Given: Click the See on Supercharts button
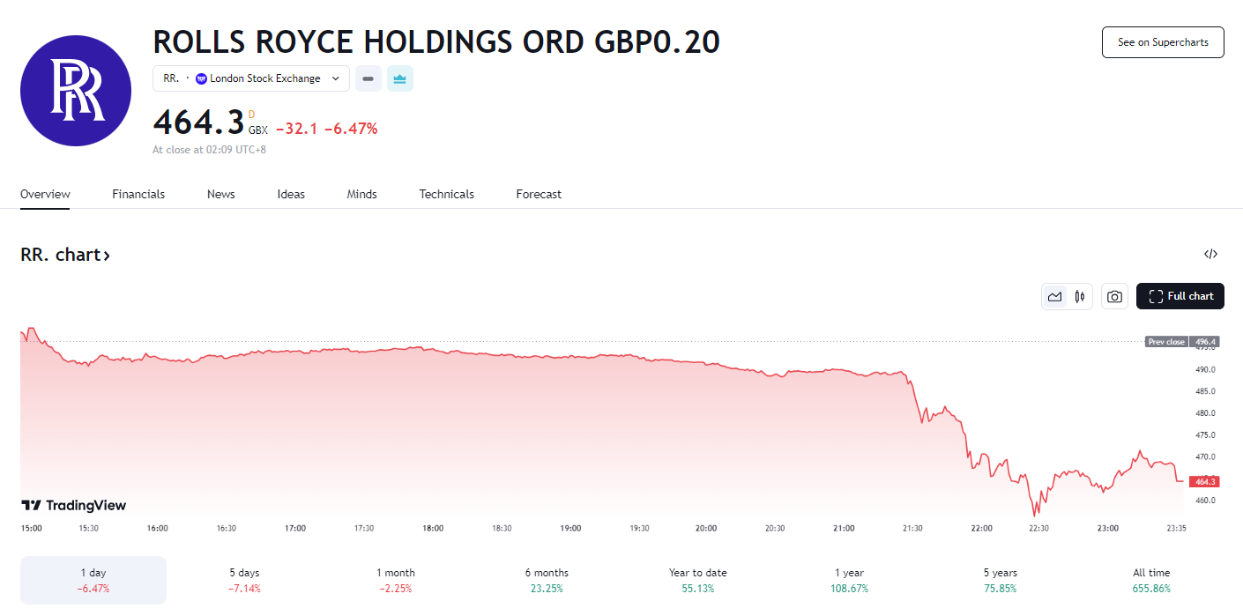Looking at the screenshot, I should (1163, 42).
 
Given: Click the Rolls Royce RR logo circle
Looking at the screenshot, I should (76, 91).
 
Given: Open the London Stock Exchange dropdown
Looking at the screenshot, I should (251, 78).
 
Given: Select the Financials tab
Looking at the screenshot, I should (138, 194).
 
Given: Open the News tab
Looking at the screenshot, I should (220, 194).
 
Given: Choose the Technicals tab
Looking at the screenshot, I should (446, 194).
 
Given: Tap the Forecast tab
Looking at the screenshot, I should (539, 194).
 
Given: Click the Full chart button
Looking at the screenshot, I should (1180, 296).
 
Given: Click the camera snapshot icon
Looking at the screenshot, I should (1114, 297).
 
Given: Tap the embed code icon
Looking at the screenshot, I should (1210, 255).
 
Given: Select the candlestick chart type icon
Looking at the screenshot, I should (1079, 297).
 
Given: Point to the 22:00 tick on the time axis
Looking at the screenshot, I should (981, 528).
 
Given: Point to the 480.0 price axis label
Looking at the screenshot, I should (1205, 413).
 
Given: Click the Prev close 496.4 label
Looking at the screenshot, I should (1181, 342).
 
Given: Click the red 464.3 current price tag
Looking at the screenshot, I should (1203, 482).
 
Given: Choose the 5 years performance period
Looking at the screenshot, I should (1000, 580).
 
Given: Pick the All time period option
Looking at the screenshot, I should (1151, 580).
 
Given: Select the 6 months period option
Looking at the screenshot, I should (547, 580).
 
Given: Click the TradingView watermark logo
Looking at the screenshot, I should (74, 506).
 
